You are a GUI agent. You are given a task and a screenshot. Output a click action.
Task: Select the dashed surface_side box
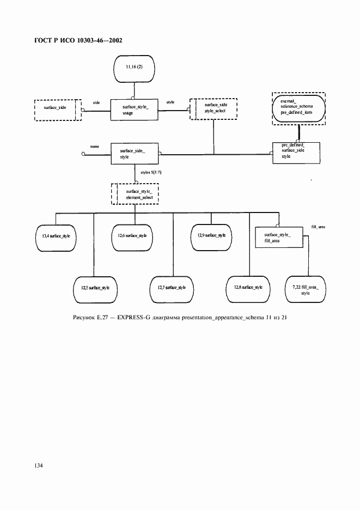click(x=58, y=109)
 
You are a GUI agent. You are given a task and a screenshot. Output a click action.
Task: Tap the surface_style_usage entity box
click(x=134, y=109)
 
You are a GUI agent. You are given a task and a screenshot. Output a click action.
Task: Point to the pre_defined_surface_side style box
click(x=296, y=152)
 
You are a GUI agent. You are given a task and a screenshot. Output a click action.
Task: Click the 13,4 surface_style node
click(x=52, y=236)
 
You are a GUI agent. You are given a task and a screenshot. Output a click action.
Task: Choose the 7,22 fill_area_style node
click(x=304, y=289)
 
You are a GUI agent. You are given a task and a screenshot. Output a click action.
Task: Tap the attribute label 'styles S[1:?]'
click(x=152, y=172)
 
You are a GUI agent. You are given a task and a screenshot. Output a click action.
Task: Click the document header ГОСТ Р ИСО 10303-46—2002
click(x=78, y=41)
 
